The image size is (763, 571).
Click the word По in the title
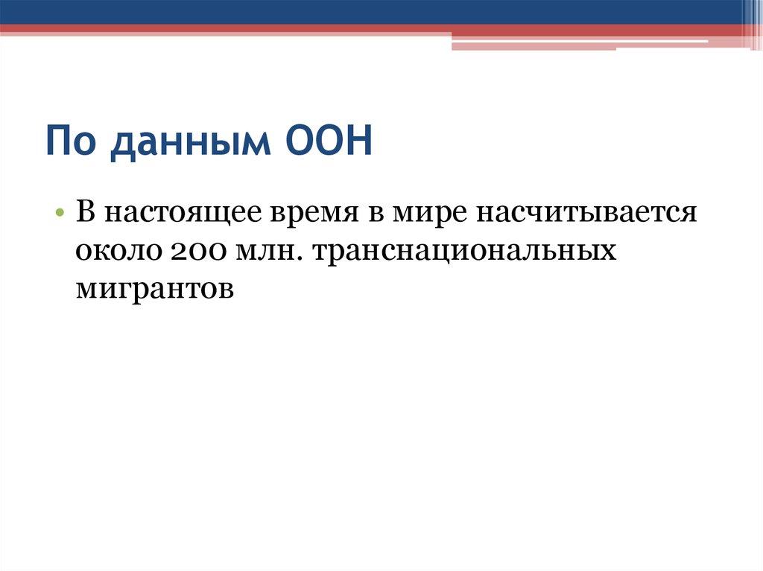tap(72, 142)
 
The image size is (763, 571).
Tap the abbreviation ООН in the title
tap(328, 141)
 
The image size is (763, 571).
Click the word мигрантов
tap(154, 288)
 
